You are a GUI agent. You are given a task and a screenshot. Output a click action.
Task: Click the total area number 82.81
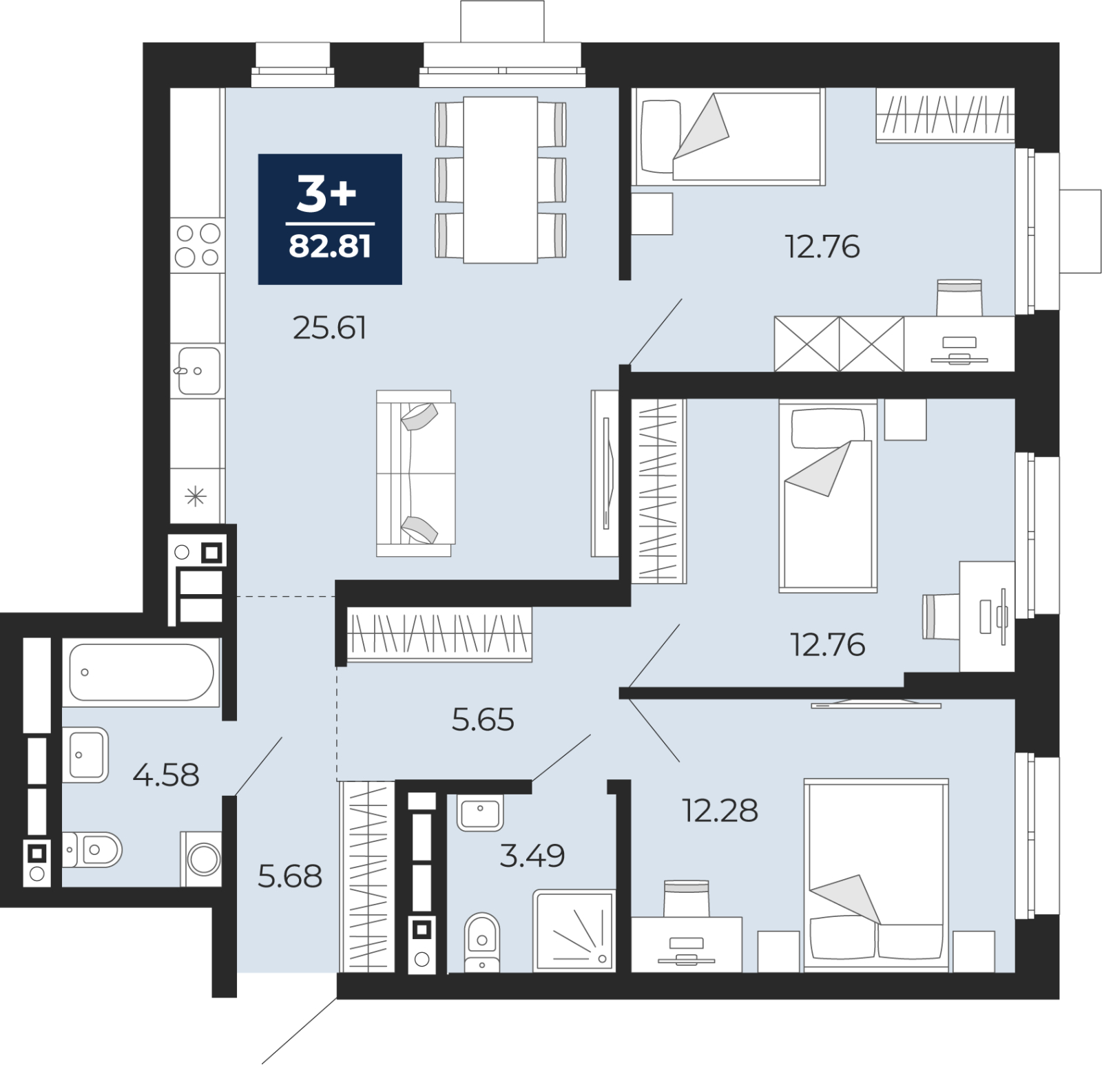(x=330, y=246)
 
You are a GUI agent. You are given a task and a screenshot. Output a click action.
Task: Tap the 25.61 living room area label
(x=329, y=328)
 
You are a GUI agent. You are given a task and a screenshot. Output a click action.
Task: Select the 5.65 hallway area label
(x=483, y=720)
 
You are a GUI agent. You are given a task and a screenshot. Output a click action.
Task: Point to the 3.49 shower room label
(x=532, y=856)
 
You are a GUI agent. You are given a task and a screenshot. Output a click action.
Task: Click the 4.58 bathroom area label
(x=166, y=775)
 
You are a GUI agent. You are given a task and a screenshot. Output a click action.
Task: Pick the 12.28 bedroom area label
(x=720, y=811)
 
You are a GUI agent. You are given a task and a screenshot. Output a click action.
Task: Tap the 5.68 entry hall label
(x=290, y=876)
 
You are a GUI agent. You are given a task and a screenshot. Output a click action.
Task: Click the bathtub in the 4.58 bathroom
(x=141, y=672)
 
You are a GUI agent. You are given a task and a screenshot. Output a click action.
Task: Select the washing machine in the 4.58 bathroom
(x=202, y=859)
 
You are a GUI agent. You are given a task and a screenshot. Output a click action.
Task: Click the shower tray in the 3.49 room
(x=574, y=931)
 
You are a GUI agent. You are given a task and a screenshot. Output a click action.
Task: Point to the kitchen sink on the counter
(x=198, y=371)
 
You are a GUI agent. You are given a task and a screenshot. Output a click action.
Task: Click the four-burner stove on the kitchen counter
(x=198, y=245)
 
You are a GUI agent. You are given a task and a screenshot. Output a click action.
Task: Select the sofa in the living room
(x=415, y=474)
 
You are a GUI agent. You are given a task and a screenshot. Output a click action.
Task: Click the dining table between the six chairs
(x=501, y=180)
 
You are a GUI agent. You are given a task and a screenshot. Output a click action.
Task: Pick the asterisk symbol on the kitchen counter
(x=196, y=496)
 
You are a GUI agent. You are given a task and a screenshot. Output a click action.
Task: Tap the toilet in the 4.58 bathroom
(x=92, y=850)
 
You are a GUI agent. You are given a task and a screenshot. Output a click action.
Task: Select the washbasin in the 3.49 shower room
(x=480, y=813)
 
